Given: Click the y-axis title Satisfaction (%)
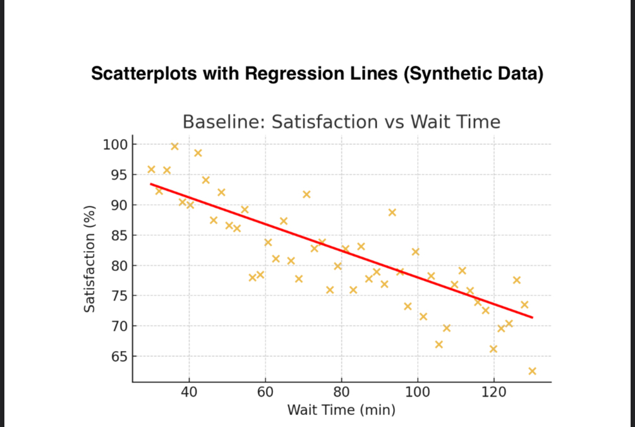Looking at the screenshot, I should (x=90, y=259).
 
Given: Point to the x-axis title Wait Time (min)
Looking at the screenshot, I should (x=341, y=410).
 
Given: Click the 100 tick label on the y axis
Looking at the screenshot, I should (x=116, y=145).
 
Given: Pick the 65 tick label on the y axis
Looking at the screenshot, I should (x=119, y=357).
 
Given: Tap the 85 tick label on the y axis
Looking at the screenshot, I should (x=119, y=235).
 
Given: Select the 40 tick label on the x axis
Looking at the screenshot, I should (x=189, y=392).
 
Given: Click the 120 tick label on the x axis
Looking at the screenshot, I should (x=493, y=392).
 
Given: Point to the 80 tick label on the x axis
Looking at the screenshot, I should (x=341, y=392).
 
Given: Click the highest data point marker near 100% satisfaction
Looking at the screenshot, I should (x=174, y=147).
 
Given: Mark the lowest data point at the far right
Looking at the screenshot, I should (x=532, y=371).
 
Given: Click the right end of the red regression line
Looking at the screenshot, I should (x=532, y=317).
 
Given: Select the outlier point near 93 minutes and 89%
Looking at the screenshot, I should (x=392, y=213).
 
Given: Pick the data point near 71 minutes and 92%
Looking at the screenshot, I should (x=306, y=194).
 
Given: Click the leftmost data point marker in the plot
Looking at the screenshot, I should (x=151, y=170).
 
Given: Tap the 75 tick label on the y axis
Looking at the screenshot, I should (x=119, y=296).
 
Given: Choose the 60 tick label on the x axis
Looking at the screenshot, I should (x=265, y=392).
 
